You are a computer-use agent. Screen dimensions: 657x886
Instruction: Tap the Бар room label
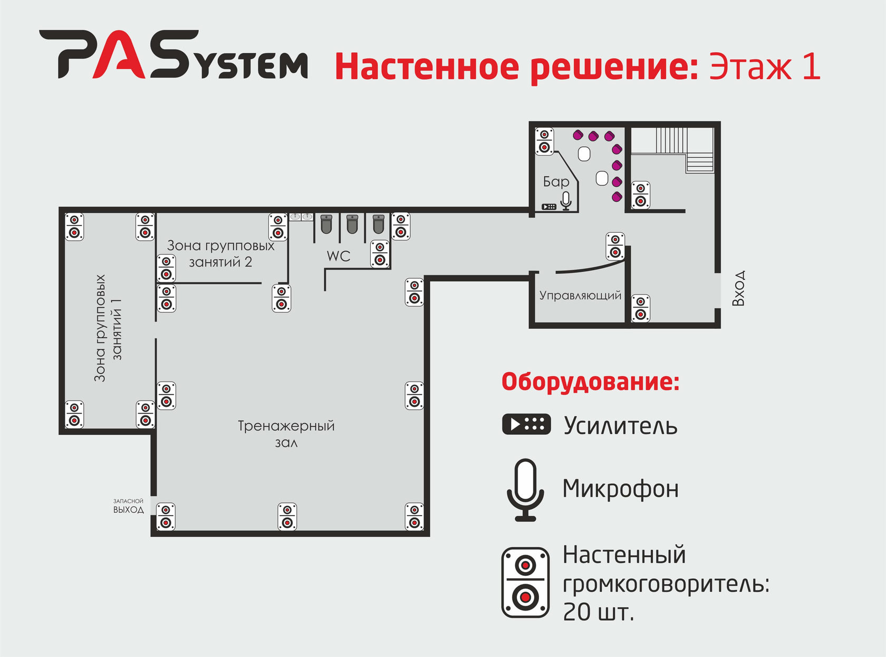pos(556,182)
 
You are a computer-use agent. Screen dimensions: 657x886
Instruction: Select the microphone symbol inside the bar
pos(566,201)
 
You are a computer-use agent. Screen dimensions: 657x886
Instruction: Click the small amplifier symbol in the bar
pos(548,206)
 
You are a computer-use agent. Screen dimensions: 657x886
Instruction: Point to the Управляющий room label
pos(580,296)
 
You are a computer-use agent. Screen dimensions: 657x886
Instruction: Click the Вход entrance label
pos(739,288)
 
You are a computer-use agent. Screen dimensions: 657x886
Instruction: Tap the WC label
pos(338,256)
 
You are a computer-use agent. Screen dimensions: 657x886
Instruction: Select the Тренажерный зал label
pos(286,433)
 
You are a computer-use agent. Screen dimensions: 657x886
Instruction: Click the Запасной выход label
pos(128,506)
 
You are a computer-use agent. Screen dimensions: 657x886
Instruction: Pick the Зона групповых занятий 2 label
pos(220,253)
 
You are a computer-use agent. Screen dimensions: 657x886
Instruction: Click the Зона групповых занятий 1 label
pos(108,328)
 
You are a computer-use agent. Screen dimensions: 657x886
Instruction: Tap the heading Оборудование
pos(590,382)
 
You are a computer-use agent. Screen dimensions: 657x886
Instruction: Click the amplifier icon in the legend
pos(526,424)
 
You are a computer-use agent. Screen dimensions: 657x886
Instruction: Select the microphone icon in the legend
pos(525,490)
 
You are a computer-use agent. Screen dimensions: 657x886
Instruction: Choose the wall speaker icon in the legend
pos(525,582)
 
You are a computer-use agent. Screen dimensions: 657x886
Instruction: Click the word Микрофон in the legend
pos(620,489)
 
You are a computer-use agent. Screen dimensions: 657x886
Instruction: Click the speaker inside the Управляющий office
pos(640,308)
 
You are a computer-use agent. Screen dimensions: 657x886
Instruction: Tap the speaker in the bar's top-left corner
pos(544,141)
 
